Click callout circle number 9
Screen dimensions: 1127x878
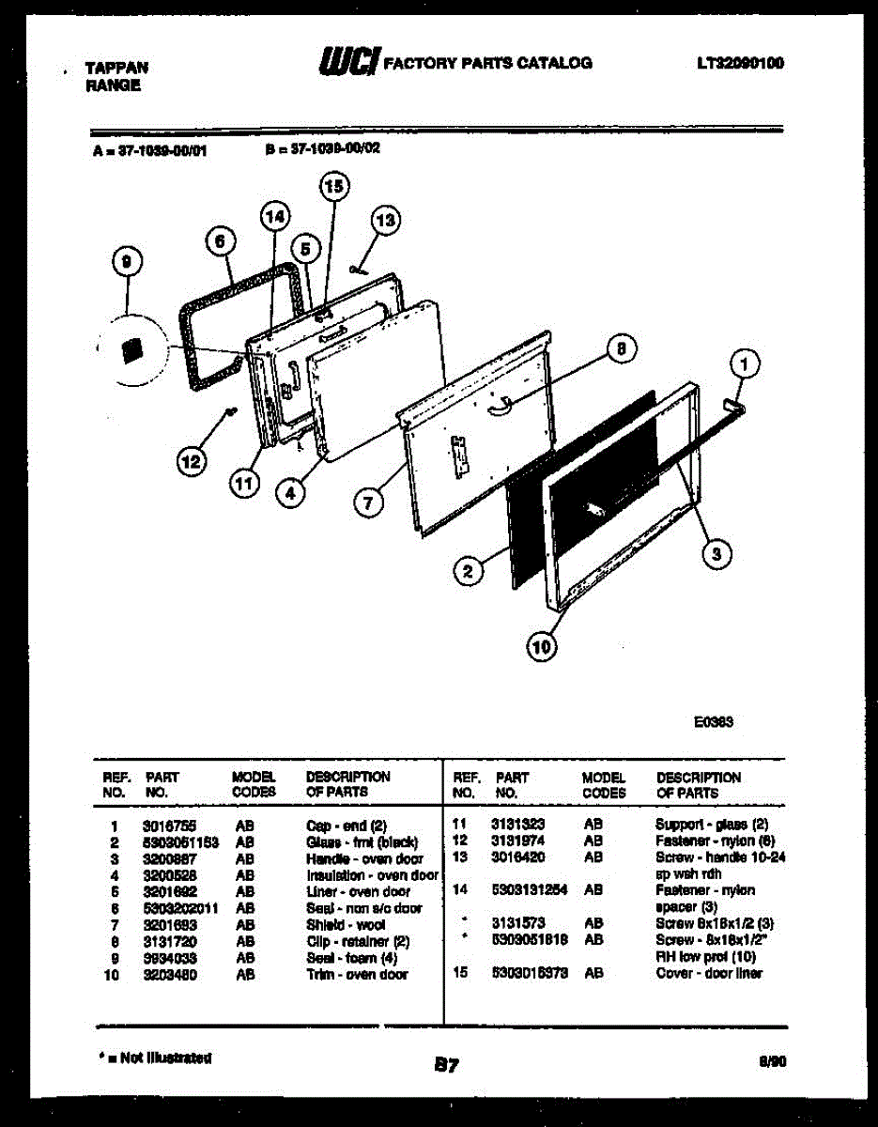point(125,266)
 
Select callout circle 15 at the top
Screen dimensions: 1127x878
point(333,186)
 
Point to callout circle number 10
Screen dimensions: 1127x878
point(542,645)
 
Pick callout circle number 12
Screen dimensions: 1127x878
point(191,461)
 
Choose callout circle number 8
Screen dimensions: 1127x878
point(619,349)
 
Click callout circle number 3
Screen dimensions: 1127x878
point(716,554)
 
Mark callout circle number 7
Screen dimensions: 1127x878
point(368,503)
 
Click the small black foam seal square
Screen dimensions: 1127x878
point(133,350)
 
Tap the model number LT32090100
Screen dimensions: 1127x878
point(740,64)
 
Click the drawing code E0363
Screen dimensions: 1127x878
point(714,722)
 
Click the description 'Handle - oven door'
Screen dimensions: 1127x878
point(364,859)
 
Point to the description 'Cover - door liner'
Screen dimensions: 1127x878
point(709,973)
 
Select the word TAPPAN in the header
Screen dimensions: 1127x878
point(116,69)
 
